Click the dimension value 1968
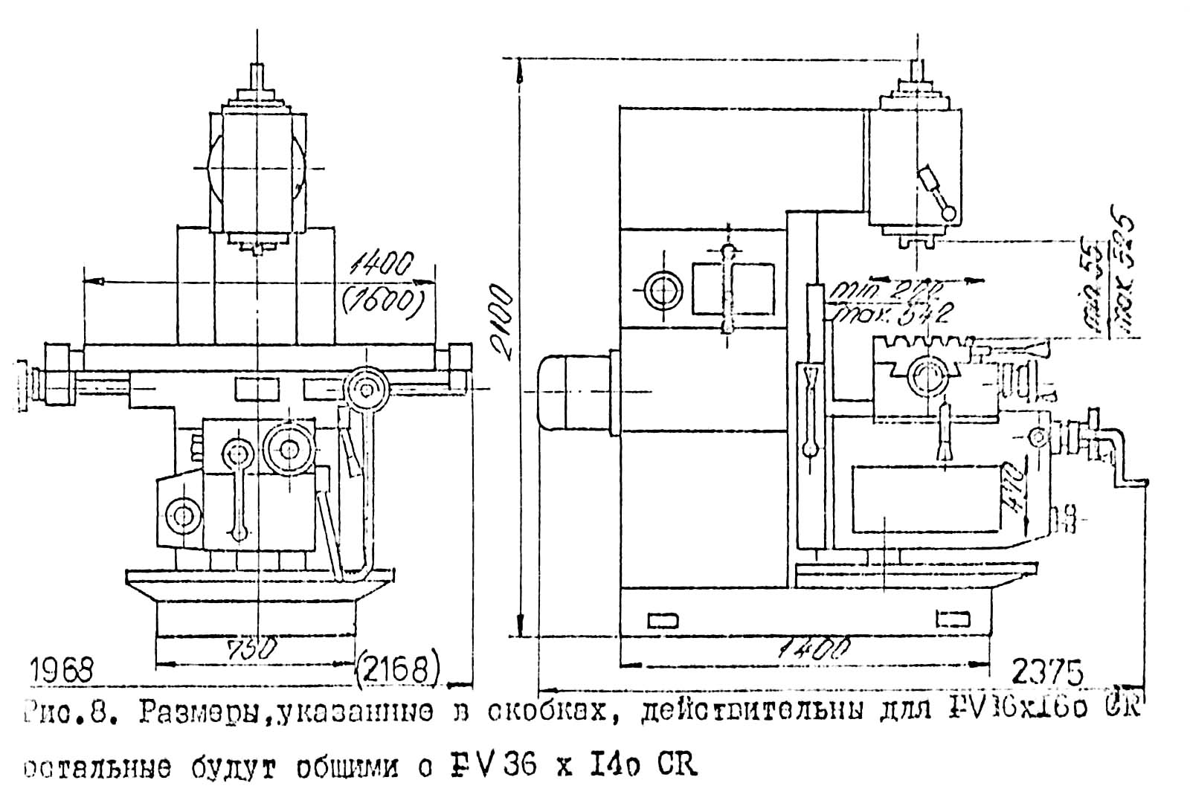pyautogui.click(x=62, y=671)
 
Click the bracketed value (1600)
pyautogui.click(x=381, y=300)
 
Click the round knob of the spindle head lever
pyautogui.click(x=949, y=213)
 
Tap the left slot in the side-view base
pyautogui.click(x=662, y=619)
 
